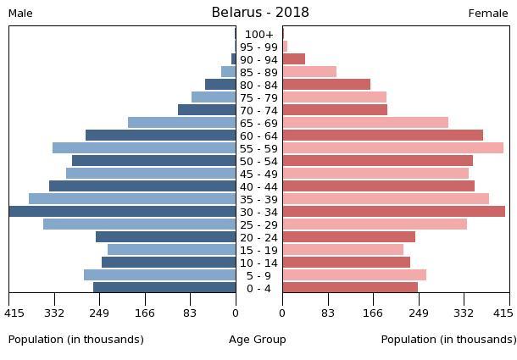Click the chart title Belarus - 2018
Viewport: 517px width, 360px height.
click(260, 12)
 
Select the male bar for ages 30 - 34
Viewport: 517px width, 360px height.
click(123, 212)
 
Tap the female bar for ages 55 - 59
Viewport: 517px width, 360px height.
click(392, 148)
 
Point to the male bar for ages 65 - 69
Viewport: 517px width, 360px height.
click(181, 123)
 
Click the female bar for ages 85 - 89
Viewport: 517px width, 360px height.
click(309, 72)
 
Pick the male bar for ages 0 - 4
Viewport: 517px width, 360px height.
click(164, 288)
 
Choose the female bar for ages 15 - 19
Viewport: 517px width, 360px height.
click(342, 250)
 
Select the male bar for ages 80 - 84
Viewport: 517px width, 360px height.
click(220, 85)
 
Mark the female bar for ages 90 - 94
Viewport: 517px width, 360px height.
click(293, 59)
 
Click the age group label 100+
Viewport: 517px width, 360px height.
click(258, 34)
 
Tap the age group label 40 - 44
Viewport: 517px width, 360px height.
click(258, 186)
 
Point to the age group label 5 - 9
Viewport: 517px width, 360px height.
click(258, 275)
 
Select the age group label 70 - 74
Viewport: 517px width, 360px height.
click(258, 110)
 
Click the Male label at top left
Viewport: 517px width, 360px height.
click(20, 13)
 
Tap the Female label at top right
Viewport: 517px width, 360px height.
click(488, 13)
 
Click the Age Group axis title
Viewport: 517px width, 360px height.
click(258, 339)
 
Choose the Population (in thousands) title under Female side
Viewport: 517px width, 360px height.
click(448, 339)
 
